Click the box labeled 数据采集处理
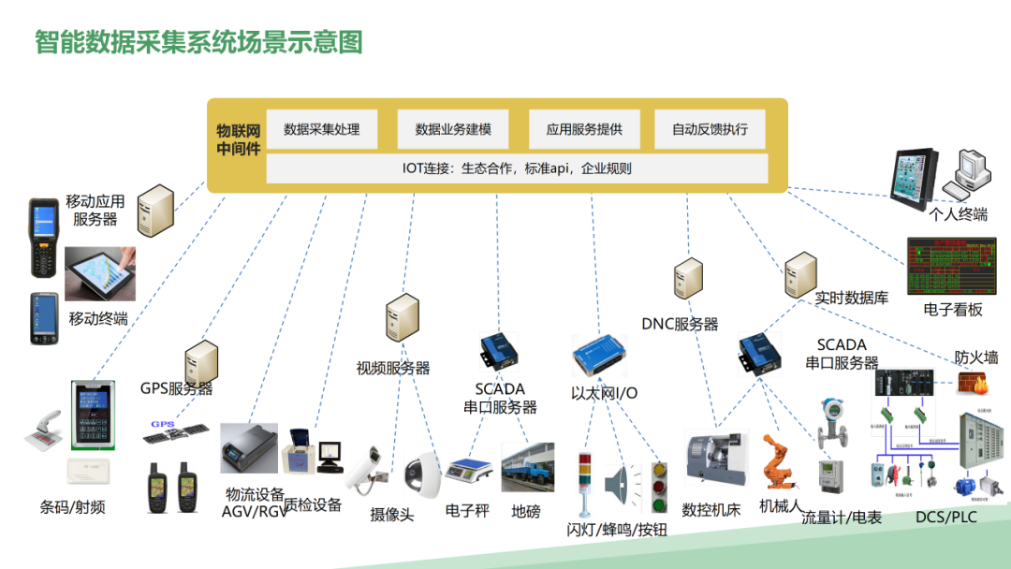click(322, 129)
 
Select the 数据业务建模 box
click(452, 129)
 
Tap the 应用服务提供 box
click(584, 129)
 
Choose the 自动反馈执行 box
click(710, 129)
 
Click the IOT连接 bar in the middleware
click(517, 168)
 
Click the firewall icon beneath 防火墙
click(970, 383)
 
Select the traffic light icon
click(659, 486)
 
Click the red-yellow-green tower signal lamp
click(585, 482)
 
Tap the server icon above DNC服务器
click(688, 280)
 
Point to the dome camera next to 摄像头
click(421, 475)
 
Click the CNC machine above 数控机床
click(715, 458)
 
